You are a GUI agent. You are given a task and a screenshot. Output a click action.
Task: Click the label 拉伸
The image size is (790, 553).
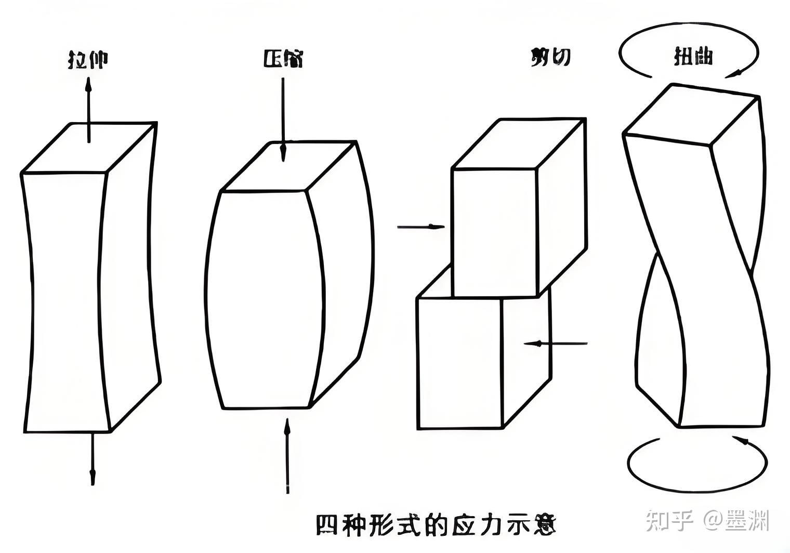pyautogui.click(x=88, y=59)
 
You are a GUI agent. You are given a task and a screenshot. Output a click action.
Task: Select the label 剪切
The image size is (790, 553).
pyautogui.click(x=551, y=57)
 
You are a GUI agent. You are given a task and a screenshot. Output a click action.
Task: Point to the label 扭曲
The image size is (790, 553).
pyautogui.click(x=693, y=56)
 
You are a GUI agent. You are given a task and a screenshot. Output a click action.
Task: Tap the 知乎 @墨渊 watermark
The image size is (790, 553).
pyautogui.click(x=707, y=520)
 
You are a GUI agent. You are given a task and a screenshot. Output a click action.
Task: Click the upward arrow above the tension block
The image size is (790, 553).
pyautogui.click(x=88, y=109)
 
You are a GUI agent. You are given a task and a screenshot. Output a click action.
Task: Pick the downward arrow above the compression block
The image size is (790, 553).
pyautogui.click(x=283, y=120)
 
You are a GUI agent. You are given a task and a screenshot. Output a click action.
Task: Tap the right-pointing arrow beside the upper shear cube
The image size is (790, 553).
pyautogui.click(x=421, y=227)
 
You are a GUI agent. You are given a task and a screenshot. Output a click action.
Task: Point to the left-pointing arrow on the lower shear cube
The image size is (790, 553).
pyautogui.click(x=555, y=343)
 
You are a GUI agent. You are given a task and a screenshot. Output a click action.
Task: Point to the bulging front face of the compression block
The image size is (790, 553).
pyautogui.click(x=262, y=299)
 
